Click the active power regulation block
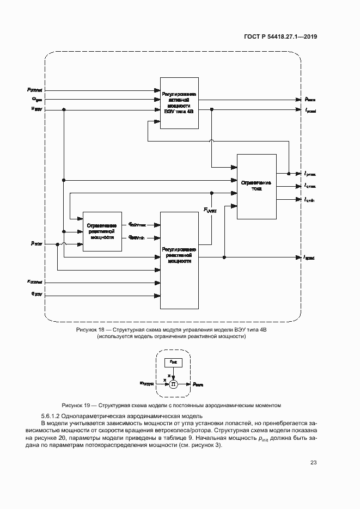click(178, 101)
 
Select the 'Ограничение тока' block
click(256, 186)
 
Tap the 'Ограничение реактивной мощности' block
click(101, 230)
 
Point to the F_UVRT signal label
click(210, 210)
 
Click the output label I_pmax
click(310, 174)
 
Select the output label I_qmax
click(310, 187)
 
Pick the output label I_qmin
click(310, 200)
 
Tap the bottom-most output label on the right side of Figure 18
click(310, 257)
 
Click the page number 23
click(313, 463)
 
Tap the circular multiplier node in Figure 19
click(173, 384)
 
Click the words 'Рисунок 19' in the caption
click(76, 405)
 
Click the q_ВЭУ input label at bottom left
click(37, 294)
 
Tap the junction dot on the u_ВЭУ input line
click(64, 109)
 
